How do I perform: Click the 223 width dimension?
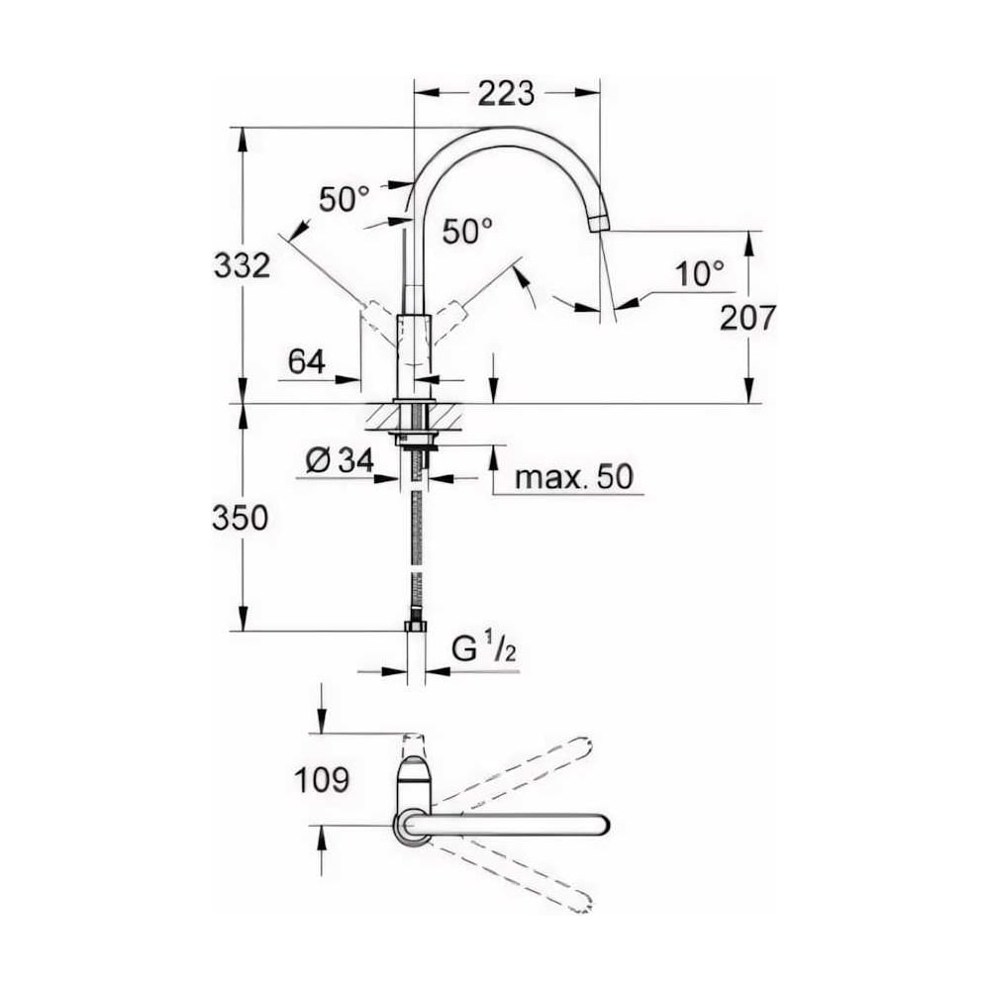pyautogui.click(x=506, y=93)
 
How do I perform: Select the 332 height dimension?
pyautogui.click(x=242, y=264)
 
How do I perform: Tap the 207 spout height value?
pyautogui.click(x=747, y=318)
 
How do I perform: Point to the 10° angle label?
pyautogui.click(x=700, y=274)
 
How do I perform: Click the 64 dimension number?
pyautogui.click(x=307, y=361)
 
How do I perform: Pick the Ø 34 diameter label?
pyautogui.click(x=340, y=460)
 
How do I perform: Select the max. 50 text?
pyautogui.click(x=573, y=477)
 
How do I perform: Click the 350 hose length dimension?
pyautogui.click(x=240, y=518)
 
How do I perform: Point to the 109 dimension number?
pyautogui.click(x=322, y=780)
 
